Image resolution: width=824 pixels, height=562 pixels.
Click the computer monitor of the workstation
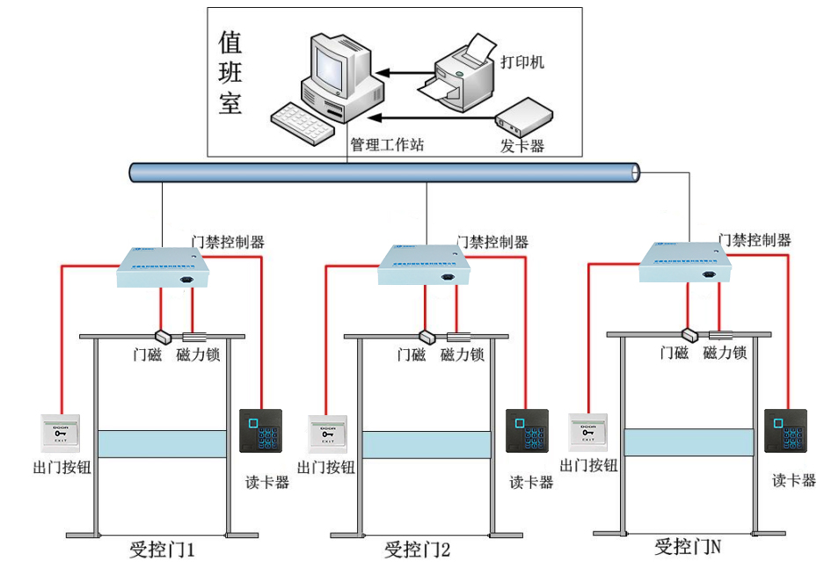(x=332, y=63)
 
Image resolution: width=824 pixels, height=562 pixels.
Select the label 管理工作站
(x=387, y=145)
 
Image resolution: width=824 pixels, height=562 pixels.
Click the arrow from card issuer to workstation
(x=431, y=115)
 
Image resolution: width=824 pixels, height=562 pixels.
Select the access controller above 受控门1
(x=164, y=266)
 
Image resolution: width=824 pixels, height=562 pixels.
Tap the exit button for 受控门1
(x=61, y=434)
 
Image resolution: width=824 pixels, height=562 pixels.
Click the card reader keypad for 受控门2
(x=527, y=431)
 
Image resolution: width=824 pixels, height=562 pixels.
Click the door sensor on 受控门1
(x=163, y=336)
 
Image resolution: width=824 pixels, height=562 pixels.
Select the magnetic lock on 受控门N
(x=721, y=334)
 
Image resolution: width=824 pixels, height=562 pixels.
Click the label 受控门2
(x=418, y=551)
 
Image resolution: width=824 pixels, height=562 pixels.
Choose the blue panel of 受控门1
(x=162, y=444)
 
